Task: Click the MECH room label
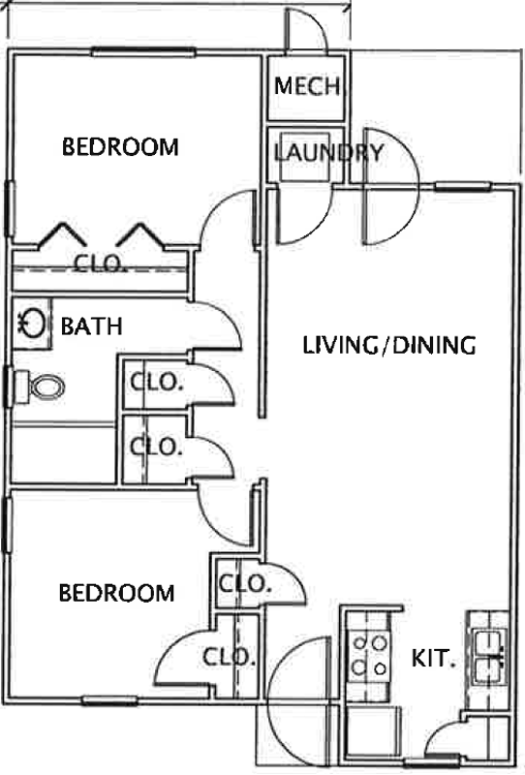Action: coord(307,86)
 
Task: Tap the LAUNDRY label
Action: coord(328,153)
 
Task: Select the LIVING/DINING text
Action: coord(389,345)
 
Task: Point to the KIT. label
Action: coord(434,659)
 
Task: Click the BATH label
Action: coord(91,326)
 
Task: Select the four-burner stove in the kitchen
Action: coord(369,656)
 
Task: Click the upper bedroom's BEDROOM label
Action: coord(120,147)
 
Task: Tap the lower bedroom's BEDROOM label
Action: coord(116,593)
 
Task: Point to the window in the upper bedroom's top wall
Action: coord(144,51)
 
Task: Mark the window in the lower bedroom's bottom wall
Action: coord(109,699)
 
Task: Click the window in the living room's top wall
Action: coord(463,187)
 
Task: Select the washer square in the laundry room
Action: coord(305,157)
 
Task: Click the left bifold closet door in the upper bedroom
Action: coord(62,234)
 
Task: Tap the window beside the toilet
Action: coord(8,387)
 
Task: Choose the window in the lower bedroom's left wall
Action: coord(7,525)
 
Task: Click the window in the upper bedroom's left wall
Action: coord(9,208)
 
